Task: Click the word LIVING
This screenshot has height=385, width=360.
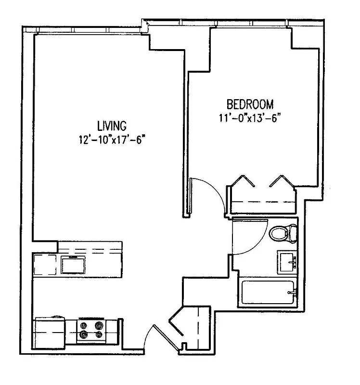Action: (112, 127)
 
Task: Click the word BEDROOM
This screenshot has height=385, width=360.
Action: (250, 104)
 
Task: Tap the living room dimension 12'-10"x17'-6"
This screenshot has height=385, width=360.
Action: (112, 141)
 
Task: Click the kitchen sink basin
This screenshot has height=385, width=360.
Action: (73, 265)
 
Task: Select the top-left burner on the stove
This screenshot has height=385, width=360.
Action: (84, 324)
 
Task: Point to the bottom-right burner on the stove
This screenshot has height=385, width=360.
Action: (99, 334)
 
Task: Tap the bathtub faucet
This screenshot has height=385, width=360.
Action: (290, 292)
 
